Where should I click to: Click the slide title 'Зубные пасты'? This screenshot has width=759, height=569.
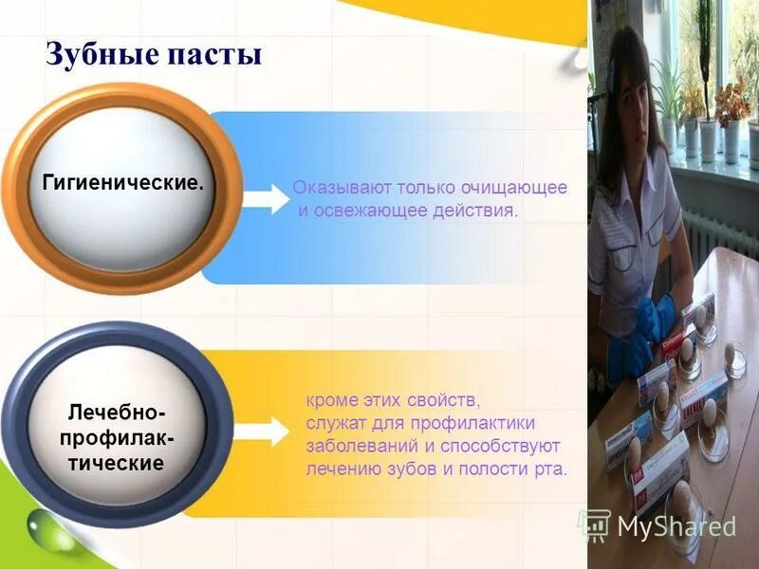tap(154, 53)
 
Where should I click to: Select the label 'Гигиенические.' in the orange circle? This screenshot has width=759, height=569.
tap(122, 180)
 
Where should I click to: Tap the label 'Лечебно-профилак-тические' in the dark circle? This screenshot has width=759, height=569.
tap(116, 438)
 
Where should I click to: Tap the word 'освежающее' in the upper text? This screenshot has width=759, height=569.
tap(364, 211)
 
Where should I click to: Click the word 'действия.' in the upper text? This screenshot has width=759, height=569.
tap(478, 211)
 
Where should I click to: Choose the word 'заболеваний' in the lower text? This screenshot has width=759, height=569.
tap(355, 445)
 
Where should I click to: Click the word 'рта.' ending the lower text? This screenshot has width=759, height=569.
tap(550, 468)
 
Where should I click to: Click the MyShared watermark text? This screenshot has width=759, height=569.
tap(676, 526)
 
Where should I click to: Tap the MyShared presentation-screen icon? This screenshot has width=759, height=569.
tap(595, 524)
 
